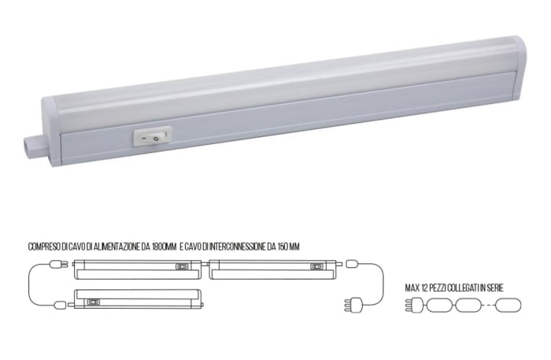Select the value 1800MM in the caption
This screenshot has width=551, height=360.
click(162, 247)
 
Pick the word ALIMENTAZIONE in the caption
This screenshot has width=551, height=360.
click(116, 247)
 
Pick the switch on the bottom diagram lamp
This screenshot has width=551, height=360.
click(94, 300)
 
